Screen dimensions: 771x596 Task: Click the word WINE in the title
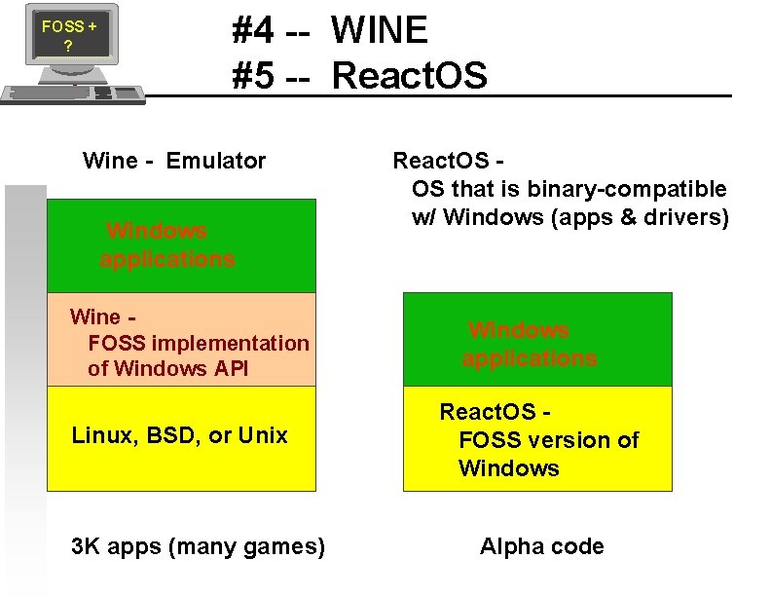point(379,31)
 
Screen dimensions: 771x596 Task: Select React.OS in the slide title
point(409,75)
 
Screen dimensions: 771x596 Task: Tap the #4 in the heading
point(252,31)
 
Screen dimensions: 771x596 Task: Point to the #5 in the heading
point(252,75)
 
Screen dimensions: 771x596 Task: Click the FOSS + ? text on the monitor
point(68,36)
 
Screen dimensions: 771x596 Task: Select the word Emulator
point(216,161)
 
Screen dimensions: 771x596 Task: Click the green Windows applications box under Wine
point(181,245)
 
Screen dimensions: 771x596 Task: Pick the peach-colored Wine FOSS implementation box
point(181,340)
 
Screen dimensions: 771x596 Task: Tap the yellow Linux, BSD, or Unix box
point(181,437)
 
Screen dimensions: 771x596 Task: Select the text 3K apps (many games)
point(199,546)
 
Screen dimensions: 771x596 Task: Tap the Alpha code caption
point(541,546)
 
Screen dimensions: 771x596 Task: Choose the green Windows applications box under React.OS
point(537,339)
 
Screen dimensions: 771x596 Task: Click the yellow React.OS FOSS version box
point(537,439)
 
